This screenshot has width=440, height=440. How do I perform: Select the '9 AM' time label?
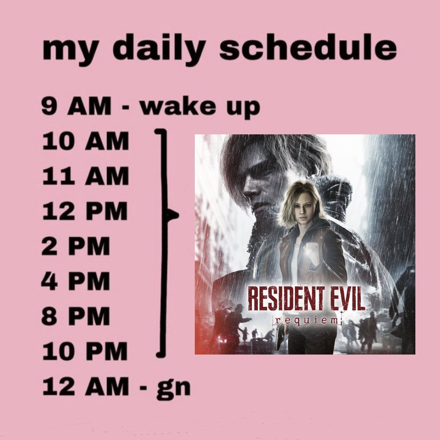click(x=76, y=107)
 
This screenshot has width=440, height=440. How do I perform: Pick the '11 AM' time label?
click(x=85, y=177)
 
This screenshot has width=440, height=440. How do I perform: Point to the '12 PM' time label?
click(x=85, y=211)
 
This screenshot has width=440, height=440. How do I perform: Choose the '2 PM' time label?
click(x=76, y=246)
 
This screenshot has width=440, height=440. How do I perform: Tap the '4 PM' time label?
click(x=76, y=281)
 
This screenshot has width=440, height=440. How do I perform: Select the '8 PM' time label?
click(x=76, y=316)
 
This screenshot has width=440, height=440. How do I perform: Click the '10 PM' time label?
click(x=85, y=351)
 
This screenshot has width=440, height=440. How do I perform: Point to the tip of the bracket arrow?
click(x=178, y=215)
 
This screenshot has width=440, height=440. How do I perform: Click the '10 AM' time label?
click(x=85, y=142)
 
